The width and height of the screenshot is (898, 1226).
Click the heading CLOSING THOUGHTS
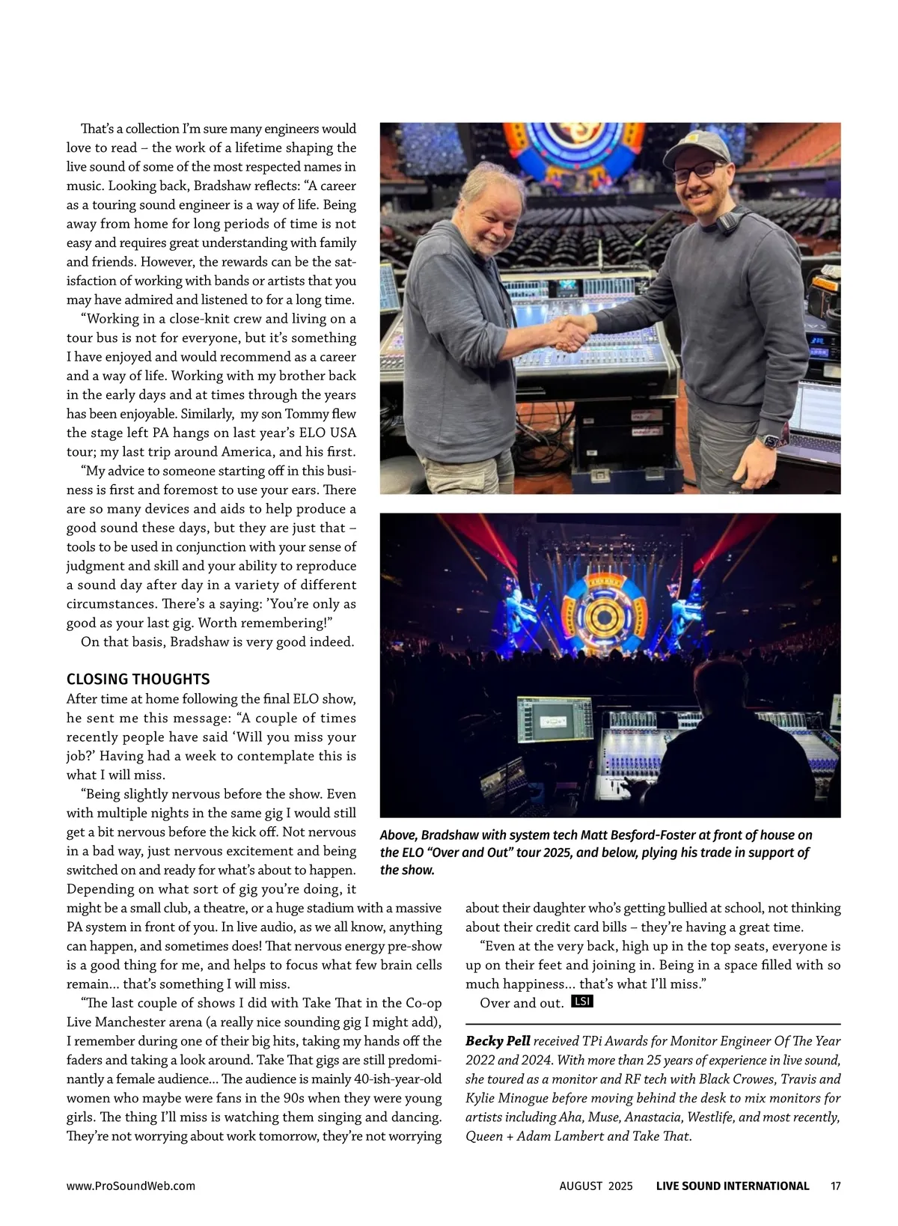coord(138,679)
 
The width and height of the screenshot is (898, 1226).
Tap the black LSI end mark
coord(581,1001)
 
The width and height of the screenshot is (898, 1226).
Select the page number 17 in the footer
coord(835,1186)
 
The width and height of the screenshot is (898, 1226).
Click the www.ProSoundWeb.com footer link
coord(131,1186)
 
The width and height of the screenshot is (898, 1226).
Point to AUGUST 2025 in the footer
coord(596,1186)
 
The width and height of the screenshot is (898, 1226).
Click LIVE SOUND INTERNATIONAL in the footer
coord(732,1186)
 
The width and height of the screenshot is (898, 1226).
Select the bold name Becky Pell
coord(498,1040)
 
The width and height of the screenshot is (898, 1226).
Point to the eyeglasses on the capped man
coord(698,171)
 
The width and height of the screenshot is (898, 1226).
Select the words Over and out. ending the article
coord(522,1003)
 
